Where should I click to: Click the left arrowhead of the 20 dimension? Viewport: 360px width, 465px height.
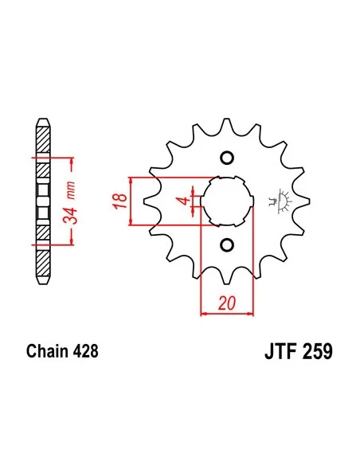[202, 314]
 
